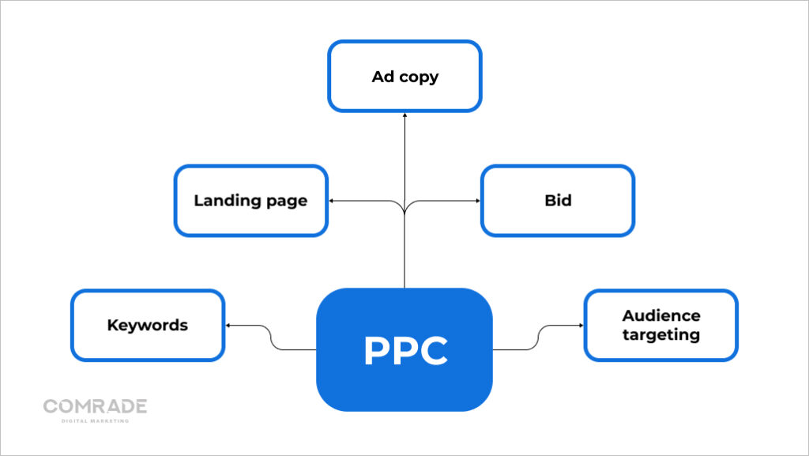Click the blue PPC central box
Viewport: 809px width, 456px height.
click(x=404, y=349)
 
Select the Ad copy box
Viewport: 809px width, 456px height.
click(x=404, y=77)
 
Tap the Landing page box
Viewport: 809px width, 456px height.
click(x=250, y=200)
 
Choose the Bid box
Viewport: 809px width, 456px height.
click(x=558, y=200)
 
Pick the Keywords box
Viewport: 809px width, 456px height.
click(x=148, y=325)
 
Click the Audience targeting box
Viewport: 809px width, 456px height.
click(x=660, y=325)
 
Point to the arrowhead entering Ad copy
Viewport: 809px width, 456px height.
click(x=404, y=115)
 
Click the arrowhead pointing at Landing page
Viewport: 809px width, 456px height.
click(x=332, y=201)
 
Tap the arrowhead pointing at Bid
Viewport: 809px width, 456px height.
click(x=477, y=201)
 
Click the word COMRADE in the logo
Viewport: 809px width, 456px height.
click(x=95, y=406)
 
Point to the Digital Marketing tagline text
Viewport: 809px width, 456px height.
click(x=95, y=420)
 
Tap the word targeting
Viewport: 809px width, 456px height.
click(x=660, y=334)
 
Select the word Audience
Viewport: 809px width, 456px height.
click(x=660, y=315)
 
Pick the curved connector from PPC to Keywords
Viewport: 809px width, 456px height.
click(x=273, y=337)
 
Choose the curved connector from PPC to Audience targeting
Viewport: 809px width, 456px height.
click(x=536, y=337)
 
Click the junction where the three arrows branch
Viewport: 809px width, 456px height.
click(x=404, y=207)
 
